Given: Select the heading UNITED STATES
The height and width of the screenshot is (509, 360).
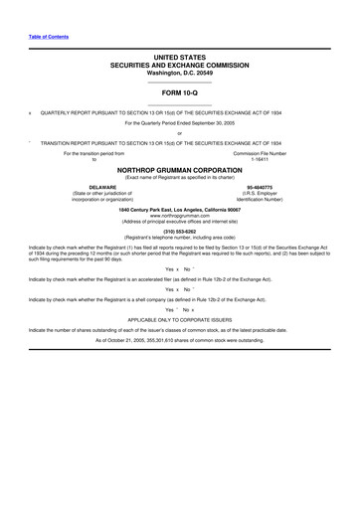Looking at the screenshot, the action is pos(179,61).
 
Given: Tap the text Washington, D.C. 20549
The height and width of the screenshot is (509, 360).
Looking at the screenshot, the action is pos(179,75).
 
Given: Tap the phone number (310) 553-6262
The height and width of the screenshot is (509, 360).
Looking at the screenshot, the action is pos(179,232).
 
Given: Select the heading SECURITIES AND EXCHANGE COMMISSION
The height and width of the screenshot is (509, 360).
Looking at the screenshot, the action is pos(179,68).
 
